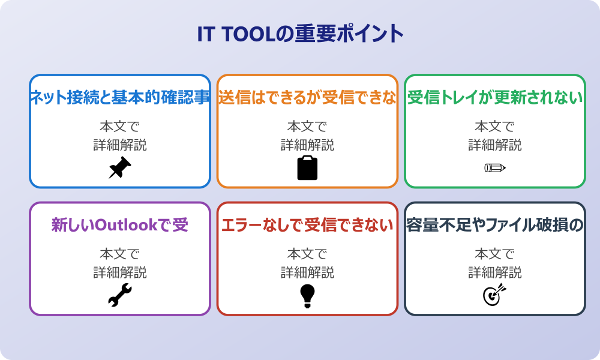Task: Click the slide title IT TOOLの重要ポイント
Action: click(300, 34)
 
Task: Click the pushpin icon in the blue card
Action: click(120, 168)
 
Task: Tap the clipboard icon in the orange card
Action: click(307, 168)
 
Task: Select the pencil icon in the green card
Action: click(495, 167)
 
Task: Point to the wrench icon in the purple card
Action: click(120, 295)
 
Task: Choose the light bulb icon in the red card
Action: click(307, 295)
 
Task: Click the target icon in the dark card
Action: click(495, 295)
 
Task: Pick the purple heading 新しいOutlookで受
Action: click(120, 226)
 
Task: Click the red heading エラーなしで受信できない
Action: click(307, 226)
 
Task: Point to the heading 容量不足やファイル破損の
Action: click(495, 226)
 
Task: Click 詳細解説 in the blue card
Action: click(120, 145)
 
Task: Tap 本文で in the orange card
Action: click(307, 127)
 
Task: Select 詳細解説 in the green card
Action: click(495, 145)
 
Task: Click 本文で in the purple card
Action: click(120, 254)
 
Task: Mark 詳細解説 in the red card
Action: click(307, 272)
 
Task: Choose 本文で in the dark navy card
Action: click(495, 254)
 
